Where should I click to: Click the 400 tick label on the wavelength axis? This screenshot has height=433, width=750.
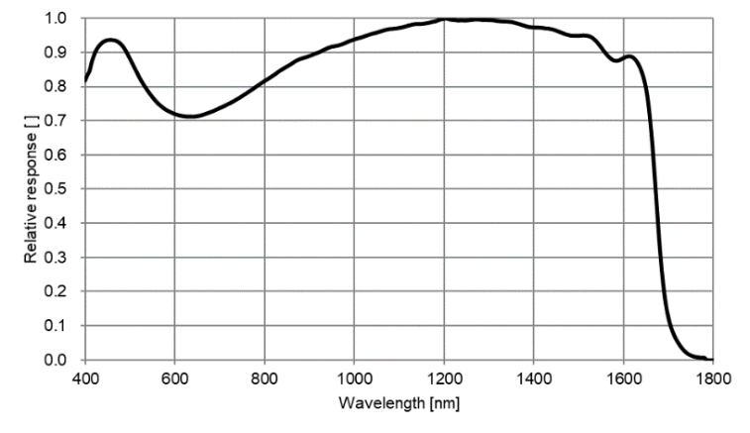click(85, 378)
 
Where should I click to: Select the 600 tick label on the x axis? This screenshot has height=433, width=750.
click(174, 378)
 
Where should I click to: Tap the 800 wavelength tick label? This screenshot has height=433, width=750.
click(265, 378)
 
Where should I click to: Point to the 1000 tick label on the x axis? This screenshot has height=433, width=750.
click(354, 378)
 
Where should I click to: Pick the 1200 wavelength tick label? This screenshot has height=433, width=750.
click(444, 378)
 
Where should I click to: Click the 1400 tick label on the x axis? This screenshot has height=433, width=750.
click(533, 378)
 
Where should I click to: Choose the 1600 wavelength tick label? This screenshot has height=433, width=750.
click(623, 378)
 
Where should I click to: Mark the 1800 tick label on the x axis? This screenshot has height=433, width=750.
click(712, 378)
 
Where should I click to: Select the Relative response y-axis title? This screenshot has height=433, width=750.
click(32, 187)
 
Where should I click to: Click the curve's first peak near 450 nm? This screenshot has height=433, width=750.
click(110, 41)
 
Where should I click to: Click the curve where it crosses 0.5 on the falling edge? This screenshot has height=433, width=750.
click(657, 188)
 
